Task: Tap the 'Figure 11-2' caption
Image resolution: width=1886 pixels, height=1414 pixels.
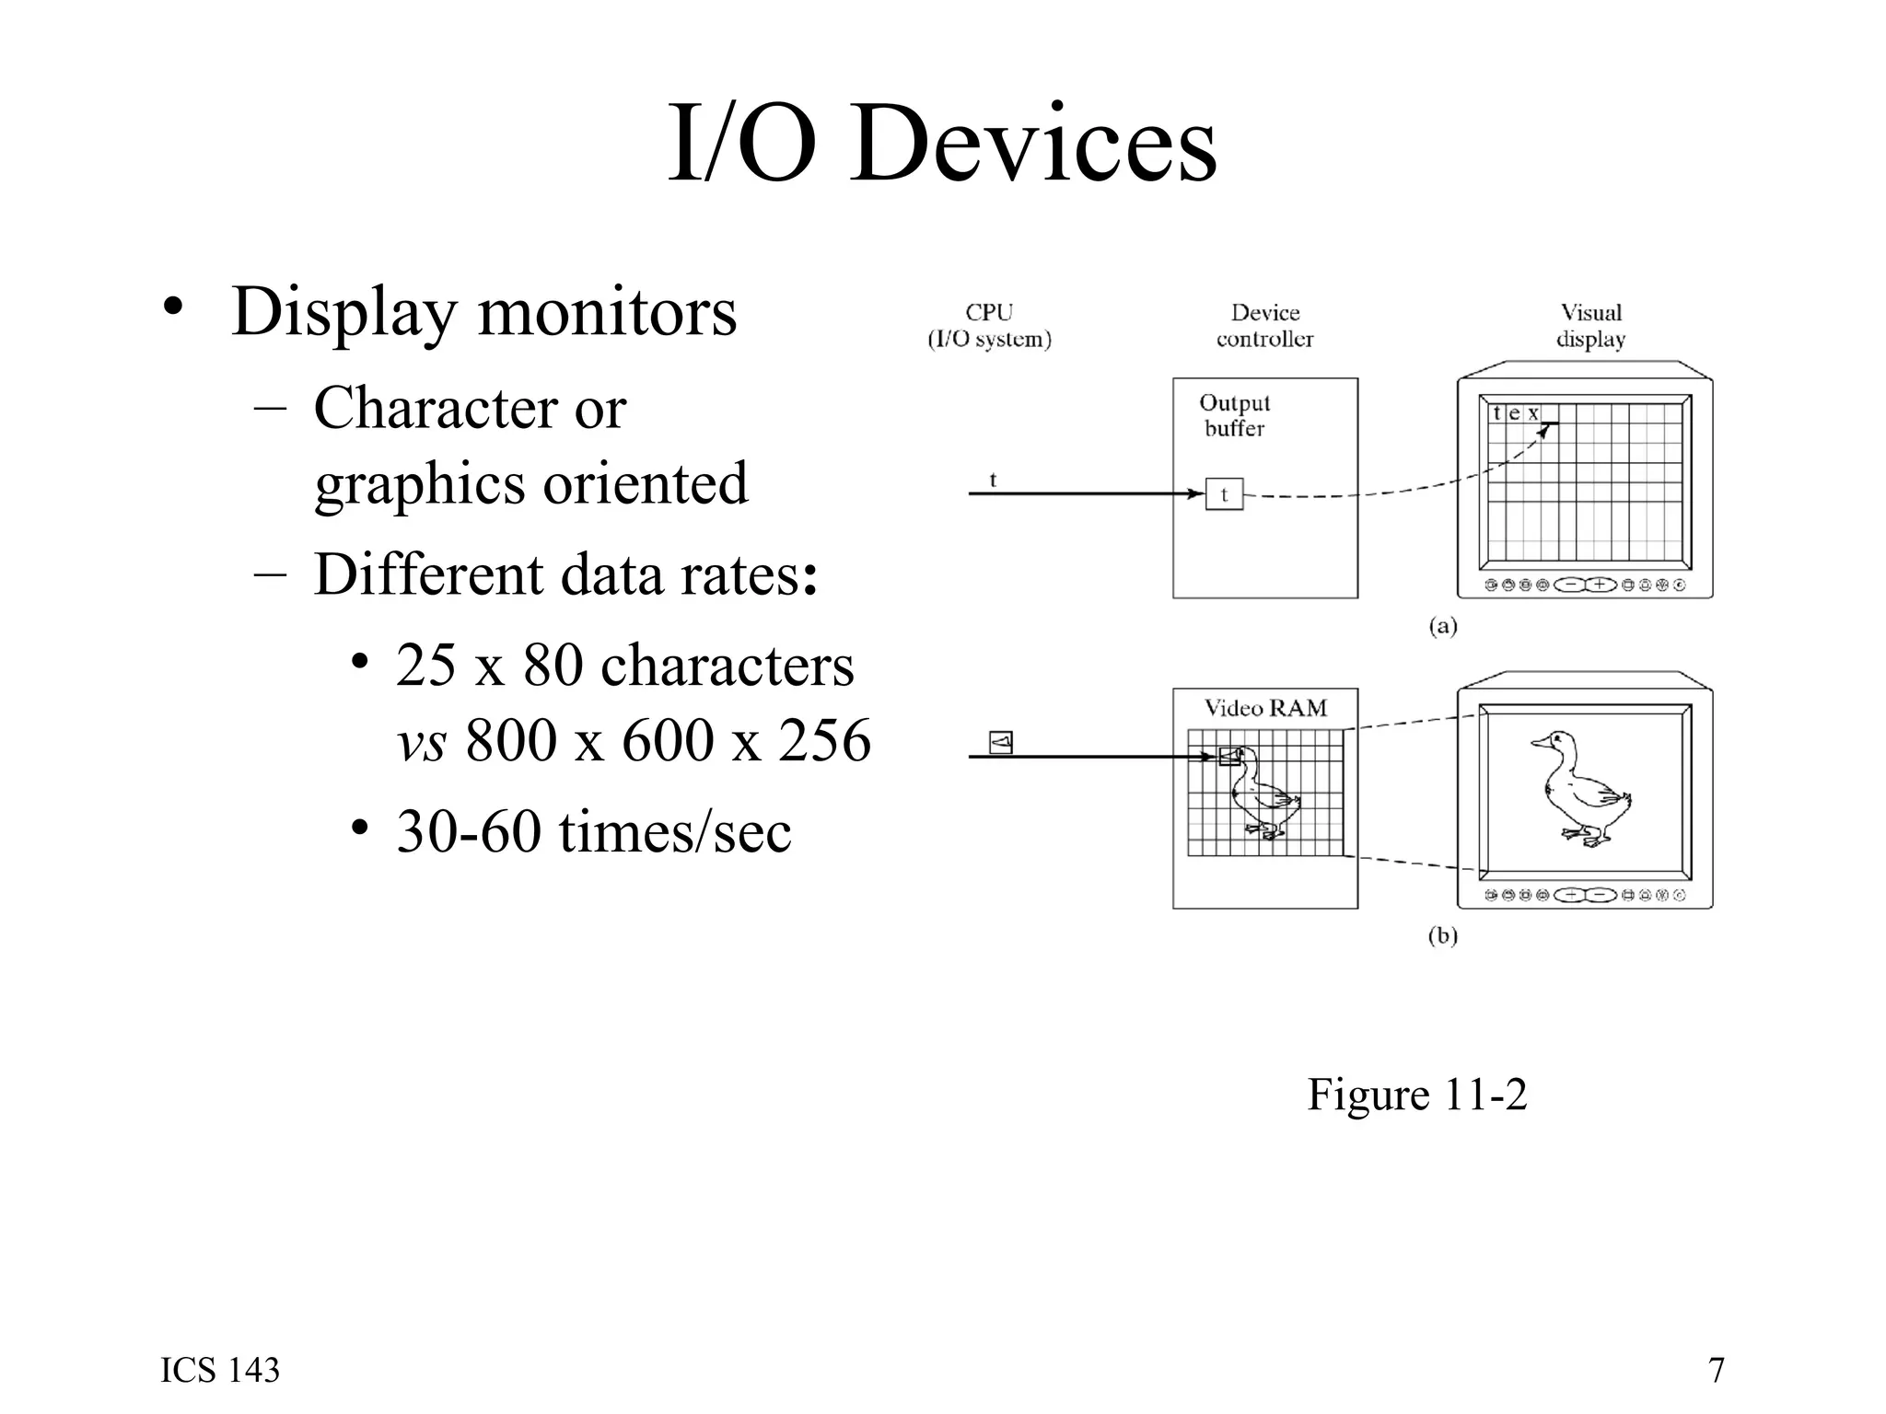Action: [1416, 1095]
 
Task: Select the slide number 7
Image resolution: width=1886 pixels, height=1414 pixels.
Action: [1716, 1370]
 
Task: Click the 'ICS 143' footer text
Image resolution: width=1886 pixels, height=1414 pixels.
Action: [220, 1370]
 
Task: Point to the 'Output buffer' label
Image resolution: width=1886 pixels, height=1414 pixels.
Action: [1234, 415]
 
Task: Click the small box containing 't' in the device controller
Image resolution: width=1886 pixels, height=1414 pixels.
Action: [1224, 494]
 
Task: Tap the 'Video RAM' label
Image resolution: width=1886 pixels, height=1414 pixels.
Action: [1265, 708]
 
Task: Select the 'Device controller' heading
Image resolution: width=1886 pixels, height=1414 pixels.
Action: [1264, 326]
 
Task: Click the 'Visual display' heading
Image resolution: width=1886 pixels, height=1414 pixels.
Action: [1590, 326]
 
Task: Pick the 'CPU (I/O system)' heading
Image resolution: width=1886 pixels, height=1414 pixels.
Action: [989, 326]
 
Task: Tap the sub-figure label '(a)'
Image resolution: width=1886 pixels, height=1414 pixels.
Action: [1442, 627]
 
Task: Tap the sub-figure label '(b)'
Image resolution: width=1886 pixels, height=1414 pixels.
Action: [1442, 936]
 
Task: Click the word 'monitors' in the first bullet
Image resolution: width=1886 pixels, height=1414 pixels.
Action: [607, 312]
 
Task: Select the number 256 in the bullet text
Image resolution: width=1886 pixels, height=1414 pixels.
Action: [824, 740]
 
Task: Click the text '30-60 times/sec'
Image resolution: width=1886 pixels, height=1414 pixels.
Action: [593, 832]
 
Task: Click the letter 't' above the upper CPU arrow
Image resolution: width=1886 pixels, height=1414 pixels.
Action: [993, 480]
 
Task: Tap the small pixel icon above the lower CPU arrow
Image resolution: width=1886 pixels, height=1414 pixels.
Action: [1001, 742]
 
